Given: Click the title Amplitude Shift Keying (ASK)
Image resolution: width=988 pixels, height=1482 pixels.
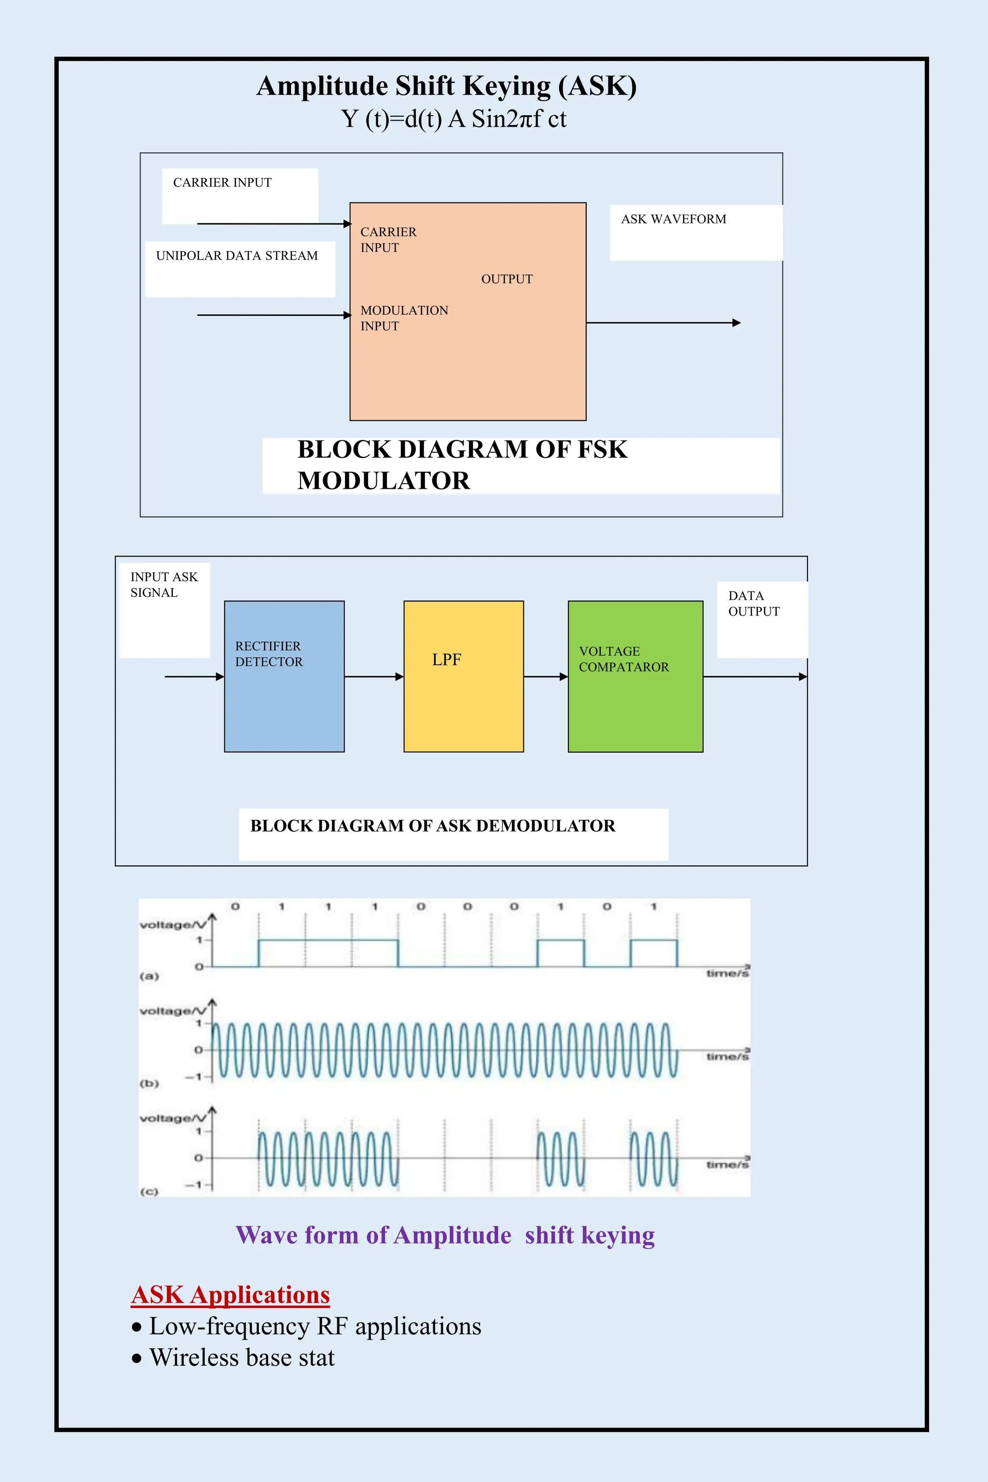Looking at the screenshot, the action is [x=446, y=86].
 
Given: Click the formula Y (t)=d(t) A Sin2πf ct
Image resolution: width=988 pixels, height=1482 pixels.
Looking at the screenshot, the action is [x=453, y=119].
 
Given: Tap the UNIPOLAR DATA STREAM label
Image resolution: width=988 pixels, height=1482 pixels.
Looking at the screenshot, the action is [x=237, y=256].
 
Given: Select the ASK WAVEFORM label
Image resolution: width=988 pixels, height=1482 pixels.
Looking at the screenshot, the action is [x=673, y=220].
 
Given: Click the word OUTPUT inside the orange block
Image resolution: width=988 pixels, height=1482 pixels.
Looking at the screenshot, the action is [x=507, y=279].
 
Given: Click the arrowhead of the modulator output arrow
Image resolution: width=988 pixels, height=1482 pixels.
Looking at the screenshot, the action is [x=736, y=323].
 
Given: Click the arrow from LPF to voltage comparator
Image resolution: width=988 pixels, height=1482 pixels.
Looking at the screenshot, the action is [x=546, y=677].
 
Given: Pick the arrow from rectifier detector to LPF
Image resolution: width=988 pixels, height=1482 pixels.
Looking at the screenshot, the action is [x=374, y=677].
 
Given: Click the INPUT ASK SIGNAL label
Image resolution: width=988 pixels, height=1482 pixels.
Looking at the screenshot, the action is [x=164, y=585].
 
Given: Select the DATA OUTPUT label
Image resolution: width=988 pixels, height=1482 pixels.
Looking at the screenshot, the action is [x=754, y=604].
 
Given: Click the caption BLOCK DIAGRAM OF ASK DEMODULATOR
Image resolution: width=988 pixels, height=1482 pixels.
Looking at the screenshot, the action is [x=433, y=826].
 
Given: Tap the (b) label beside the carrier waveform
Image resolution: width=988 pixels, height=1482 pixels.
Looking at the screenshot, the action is [x=150, y=1084].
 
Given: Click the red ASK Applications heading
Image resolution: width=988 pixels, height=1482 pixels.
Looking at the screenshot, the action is [x=231, y=1295].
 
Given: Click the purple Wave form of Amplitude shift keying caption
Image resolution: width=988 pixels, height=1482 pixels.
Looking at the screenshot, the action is [x=445, y=1235].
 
